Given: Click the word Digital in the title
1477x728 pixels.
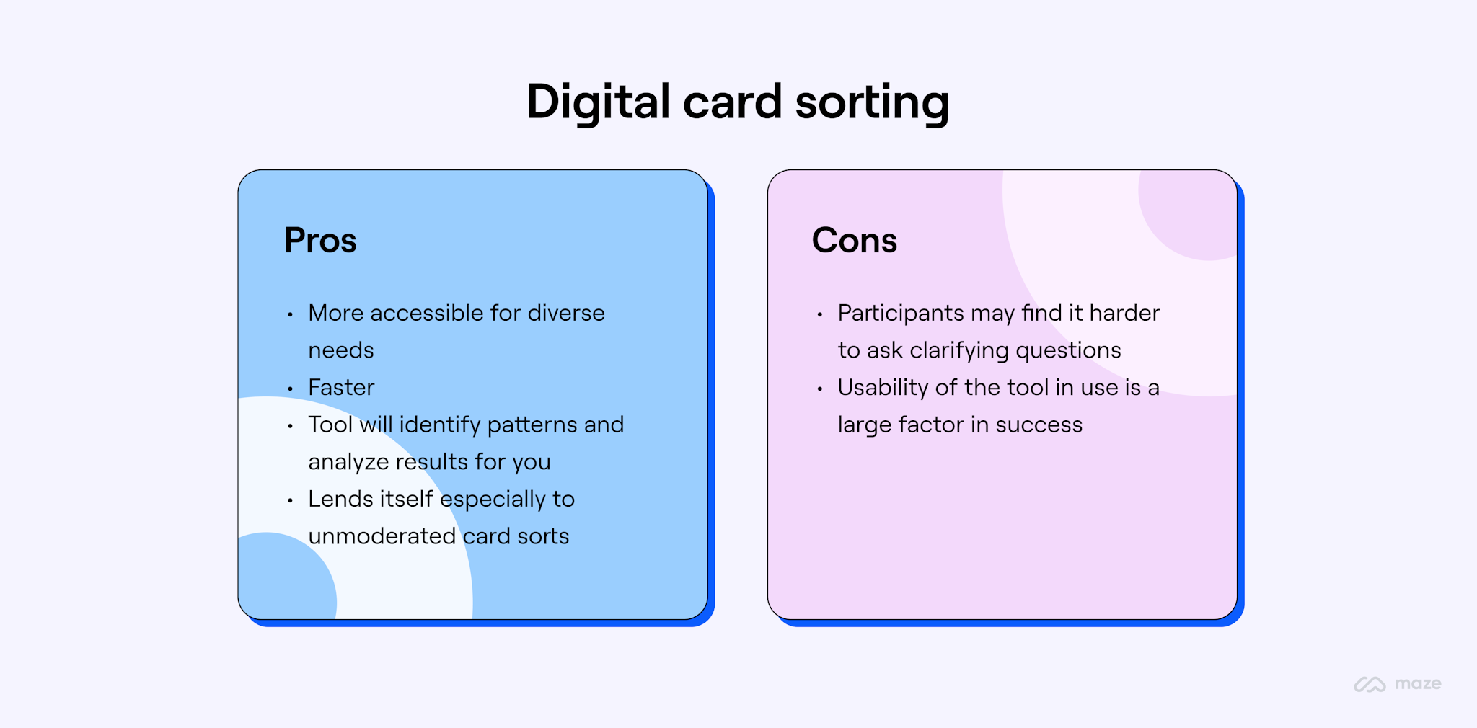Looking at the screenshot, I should point(598,102).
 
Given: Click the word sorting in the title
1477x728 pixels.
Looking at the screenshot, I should point(872,102).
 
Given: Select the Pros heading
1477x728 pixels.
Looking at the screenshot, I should point(320,240).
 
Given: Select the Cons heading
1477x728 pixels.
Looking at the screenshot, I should point(854,240).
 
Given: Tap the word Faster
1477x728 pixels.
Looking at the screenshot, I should point(341,388).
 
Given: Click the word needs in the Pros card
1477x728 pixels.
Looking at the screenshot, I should point(341,351).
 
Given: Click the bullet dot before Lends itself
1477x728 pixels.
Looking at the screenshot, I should point(290,500).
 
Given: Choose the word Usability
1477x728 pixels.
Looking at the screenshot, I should point(883,388).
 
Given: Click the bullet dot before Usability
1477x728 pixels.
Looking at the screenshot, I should point(819,389).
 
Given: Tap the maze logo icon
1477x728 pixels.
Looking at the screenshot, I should point(1369,684).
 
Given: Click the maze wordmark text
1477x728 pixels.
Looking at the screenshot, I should point(1418,684).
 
